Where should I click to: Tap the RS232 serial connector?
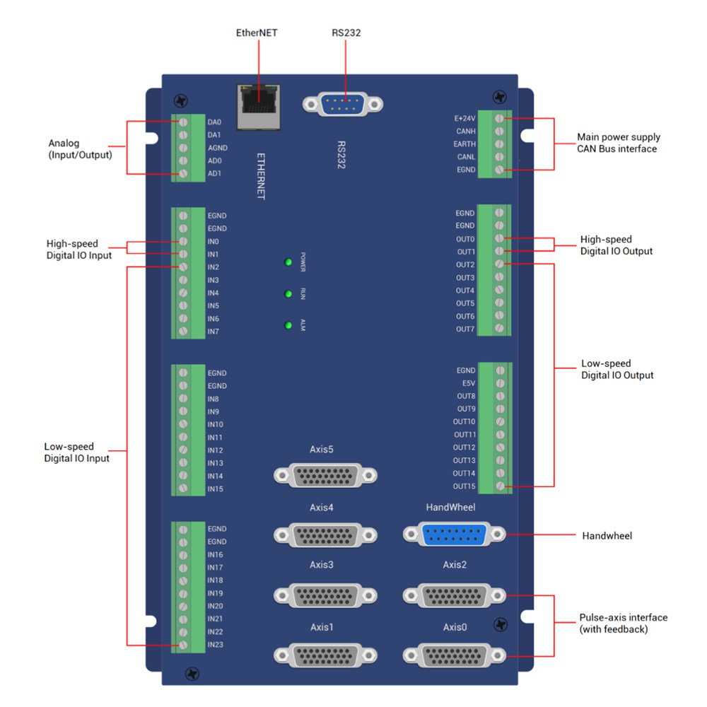coord(344,105)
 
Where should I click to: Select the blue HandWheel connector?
coord(454,534)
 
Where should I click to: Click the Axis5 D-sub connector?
coord(325,475)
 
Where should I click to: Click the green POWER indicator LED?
coord(288,263)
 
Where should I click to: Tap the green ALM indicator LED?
coord(288,325)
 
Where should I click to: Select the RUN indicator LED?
coord(288,293)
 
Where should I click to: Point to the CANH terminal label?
coord(465,132)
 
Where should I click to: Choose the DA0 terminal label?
coord(214,122)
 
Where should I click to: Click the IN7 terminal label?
coord(214,332)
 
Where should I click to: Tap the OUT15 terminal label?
coord(464,486)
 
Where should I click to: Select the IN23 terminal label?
coord(216,645)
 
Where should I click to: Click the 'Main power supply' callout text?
coord(618,137)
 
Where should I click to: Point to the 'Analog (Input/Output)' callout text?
coord(80,149)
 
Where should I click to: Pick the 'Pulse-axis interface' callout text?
coord(623,618)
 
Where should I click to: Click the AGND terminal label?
coord(217,148)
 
